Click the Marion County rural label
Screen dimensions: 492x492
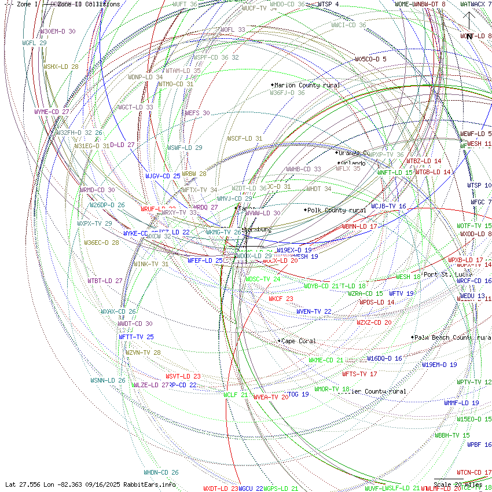point(307,85)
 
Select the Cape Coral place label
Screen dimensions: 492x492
point(299,341)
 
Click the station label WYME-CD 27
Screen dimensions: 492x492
point(52,112)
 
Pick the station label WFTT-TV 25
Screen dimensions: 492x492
point(136,337)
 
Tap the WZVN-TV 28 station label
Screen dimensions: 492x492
point(143,353)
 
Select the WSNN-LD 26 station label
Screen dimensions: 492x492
point(108,380)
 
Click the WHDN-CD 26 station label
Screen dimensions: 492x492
point(161,472)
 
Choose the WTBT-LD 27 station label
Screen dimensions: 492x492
point(105,281)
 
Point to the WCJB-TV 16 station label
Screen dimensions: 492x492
point(388,206)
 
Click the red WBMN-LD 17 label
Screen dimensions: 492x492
point(359,226)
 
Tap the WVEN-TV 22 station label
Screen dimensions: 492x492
point(314,311)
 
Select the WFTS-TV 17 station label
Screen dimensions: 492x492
point(359,374)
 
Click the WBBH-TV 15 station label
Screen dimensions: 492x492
point(452,435)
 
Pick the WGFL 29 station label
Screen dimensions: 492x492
point(34,43)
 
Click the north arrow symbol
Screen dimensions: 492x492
point(469,20)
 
